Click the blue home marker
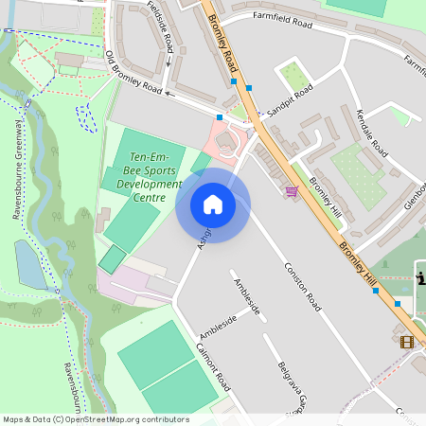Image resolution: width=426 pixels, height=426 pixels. (213, 204)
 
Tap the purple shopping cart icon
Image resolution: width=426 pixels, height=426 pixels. (292, 190)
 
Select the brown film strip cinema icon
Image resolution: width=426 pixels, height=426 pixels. (407, 342)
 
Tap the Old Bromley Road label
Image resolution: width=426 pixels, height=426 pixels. (134, 77)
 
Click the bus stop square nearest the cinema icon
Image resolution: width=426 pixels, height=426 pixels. (398, 304)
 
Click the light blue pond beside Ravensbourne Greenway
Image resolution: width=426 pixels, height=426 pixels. (30, 264)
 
